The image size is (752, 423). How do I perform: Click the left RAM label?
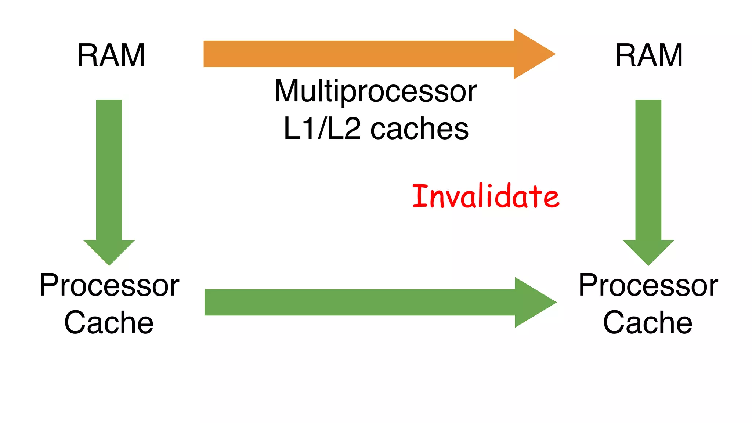(111, 55)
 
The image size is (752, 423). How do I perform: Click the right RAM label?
(649, 55)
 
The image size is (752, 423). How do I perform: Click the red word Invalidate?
(485, 196)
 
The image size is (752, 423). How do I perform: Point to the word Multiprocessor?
(375, 91)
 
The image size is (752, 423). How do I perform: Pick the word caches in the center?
(419, 129)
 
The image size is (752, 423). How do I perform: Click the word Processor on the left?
(109, 285)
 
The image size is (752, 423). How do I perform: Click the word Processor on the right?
(648, 285)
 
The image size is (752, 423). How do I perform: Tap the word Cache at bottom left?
(109, 322)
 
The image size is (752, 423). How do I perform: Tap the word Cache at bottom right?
(648, 322)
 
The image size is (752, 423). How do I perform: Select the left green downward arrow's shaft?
(109, 169)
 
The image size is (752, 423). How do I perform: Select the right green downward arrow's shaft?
(648, 169)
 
